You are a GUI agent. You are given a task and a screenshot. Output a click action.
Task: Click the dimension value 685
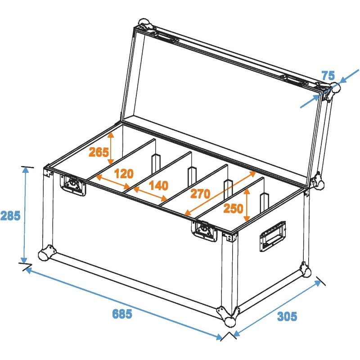coord(122,314)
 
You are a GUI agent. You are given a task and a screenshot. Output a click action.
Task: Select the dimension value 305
coord(287,316)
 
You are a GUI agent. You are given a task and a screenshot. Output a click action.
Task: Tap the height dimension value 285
coord(10,216)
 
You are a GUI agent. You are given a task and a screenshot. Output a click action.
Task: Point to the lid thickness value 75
coord(329,75)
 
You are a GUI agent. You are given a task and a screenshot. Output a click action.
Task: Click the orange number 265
coord(98,152)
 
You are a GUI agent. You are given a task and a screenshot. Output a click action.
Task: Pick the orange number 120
coord(124,173)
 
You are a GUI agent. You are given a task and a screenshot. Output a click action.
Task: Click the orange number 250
coord(233,208)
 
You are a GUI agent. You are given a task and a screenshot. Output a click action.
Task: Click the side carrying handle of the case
coord(272,236)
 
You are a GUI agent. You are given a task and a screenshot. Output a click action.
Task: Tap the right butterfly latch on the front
coord(205,231)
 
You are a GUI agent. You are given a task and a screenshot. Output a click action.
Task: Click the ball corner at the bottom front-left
coord(46,255)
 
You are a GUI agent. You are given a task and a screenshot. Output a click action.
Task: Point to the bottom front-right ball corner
coord(229,316)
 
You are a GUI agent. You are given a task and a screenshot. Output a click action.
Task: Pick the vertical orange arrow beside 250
coord(247,205)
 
